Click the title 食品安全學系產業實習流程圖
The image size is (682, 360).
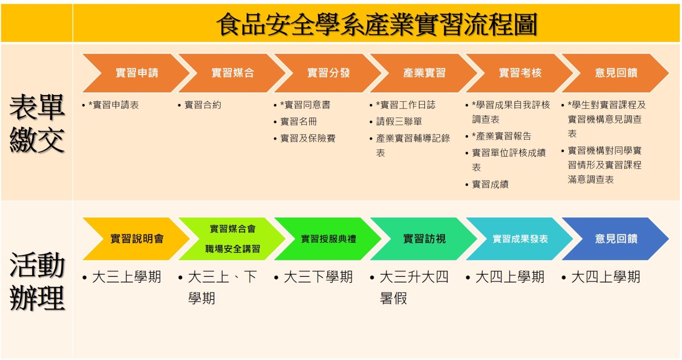(x=377, y=24)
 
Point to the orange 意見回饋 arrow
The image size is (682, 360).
(x=616, y=73)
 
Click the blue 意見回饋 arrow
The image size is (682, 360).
(x=616, y=239)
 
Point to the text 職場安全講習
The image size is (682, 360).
(x=233, y=249)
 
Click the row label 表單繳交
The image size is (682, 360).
(x=37, y=123)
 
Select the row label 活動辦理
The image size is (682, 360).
(x=37, y=281)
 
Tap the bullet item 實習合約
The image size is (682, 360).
(x=203, y=105)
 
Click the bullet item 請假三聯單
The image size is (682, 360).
(x=399, y=122)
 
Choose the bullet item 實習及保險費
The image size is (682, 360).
(x=308, y=138)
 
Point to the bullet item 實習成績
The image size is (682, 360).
(x=490, y=184)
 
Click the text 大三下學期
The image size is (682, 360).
(x=318, y=277)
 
